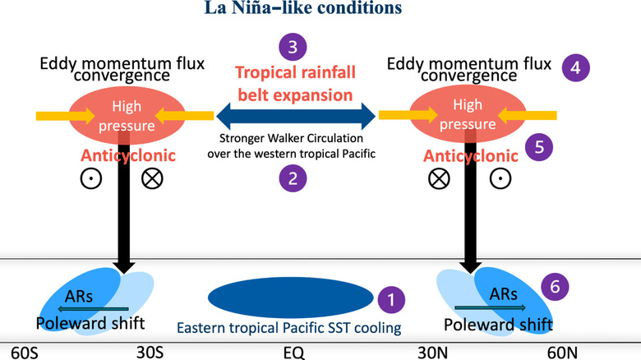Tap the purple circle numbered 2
click(x=294, y=177)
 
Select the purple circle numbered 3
click(x=294, y=48)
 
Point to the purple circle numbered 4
click(x=576, y=67)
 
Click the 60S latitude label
click(x=20, y=352)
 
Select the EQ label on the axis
click(x=293, y=352)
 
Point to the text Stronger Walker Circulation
click(x=296, y=140)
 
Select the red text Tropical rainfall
click(x=295, y=72)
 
